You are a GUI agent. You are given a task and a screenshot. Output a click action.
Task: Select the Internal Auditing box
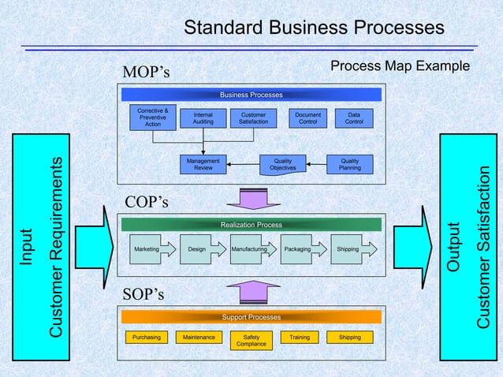(203, 118)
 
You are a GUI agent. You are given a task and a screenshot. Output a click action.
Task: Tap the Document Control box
(307, 118)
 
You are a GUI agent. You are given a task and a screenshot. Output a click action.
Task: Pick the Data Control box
(354, 118)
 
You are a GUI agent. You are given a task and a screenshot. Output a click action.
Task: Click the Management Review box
(203, 164)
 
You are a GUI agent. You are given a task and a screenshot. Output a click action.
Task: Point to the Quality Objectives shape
(283, 164)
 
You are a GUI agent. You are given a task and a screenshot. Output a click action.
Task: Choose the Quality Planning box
(349, 164)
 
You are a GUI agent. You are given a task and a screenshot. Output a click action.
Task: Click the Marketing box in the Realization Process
(147, 249)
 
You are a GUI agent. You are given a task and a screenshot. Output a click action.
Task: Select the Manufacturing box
(250, 249)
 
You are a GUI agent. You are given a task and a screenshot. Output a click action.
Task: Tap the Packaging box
(297, 249)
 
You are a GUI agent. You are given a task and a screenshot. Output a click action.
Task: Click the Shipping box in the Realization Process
(348, 249)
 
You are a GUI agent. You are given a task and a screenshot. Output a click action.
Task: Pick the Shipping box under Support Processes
(349, 338)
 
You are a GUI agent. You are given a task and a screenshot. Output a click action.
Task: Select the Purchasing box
(147, 338)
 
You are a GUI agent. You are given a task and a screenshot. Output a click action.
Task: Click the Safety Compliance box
(251, 341)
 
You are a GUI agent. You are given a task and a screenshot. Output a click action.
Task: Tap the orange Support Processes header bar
(251, 317)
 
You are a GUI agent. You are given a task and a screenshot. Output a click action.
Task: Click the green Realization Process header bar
(251, 225)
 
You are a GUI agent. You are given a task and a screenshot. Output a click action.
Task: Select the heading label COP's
(146, 203)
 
